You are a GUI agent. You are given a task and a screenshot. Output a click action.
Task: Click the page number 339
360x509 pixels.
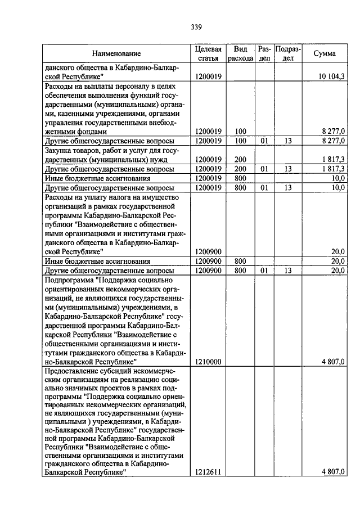[x=196, y=26]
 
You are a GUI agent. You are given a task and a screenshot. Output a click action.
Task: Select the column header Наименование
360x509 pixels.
[x=116, y=54]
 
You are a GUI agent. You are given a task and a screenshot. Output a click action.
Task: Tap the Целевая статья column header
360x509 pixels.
[x=208, y=54]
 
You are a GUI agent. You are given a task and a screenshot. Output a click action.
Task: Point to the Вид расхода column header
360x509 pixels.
[x=240, y=54]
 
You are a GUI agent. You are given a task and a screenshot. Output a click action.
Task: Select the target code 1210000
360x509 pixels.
[x=208, y=362]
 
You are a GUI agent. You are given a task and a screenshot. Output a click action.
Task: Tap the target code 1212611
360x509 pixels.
[x=208, y=472]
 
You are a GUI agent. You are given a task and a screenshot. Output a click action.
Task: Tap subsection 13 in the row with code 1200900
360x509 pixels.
[x=288, y=270]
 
